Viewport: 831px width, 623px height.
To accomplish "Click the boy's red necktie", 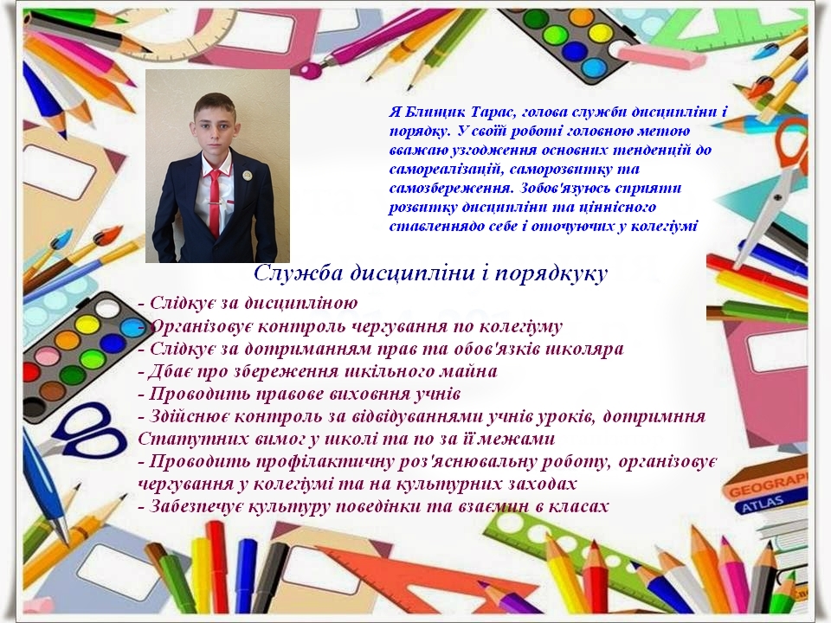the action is [x=214, y=204].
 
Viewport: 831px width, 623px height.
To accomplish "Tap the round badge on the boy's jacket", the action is [x=247, y=174].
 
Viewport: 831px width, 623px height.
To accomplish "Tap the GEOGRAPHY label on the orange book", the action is [x=769, y=485].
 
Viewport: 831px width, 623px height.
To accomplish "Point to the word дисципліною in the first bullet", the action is [x=301, y=304].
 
